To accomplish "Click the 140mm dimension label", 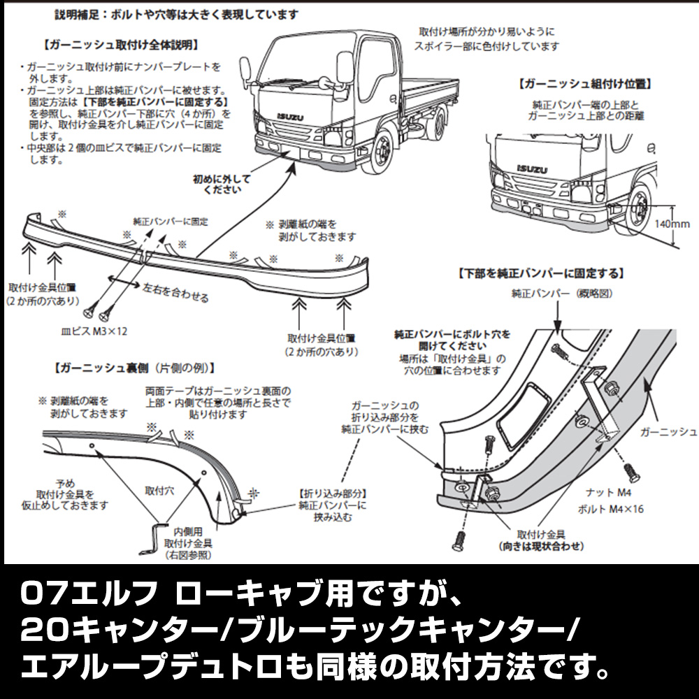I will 674,224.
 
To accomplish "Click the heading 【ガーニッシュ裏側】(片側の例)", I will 133,366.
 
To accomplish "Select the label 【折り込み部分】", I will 333,492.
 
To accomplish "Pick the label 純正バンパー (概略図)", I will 557,294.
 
